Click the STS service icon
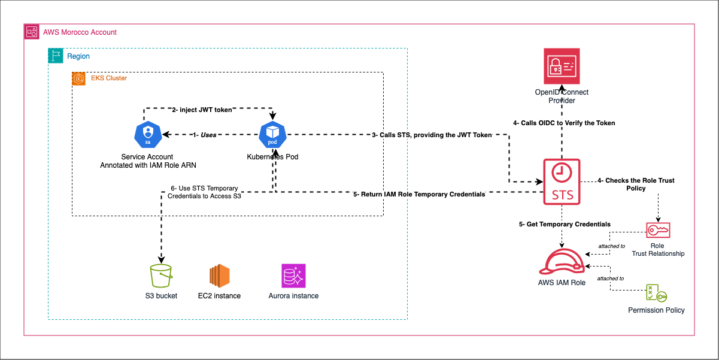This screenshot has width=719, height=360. pos(562,180)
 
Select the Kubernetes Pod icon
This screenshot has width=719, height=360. pos(272,135)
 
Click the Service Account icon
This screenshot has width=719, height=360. pos(147,135)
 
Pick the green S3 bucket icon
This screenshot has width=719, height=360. pos(161,276)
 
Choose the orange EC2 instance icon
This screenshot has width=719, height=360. pos(219,276)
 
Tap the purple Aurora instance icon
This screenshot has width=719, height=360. pos(293,276)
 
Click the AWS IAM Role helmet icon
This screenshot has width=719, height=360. pos(561,262)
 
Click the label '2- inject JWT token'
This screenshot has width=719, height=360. pos(202,110)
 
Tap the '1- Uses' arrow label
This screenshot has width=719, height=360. pos(204,135)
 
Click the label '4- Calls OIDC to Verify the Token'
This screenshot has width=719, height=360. pos(564,123)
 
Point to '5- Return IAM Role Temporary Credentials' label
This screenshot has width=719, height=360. pos(419,194)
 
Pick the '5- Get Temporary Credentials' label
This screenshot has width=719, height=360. pos(565,224)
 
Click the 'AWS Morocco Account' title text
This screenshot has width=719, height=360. pos(80,32)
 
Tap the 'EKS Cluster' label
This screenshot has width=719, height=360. pos(108,78)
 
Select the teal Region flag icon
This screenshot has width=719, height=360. pos(55,56)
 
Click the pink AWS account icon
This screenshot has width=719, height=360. pos(31,32)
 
